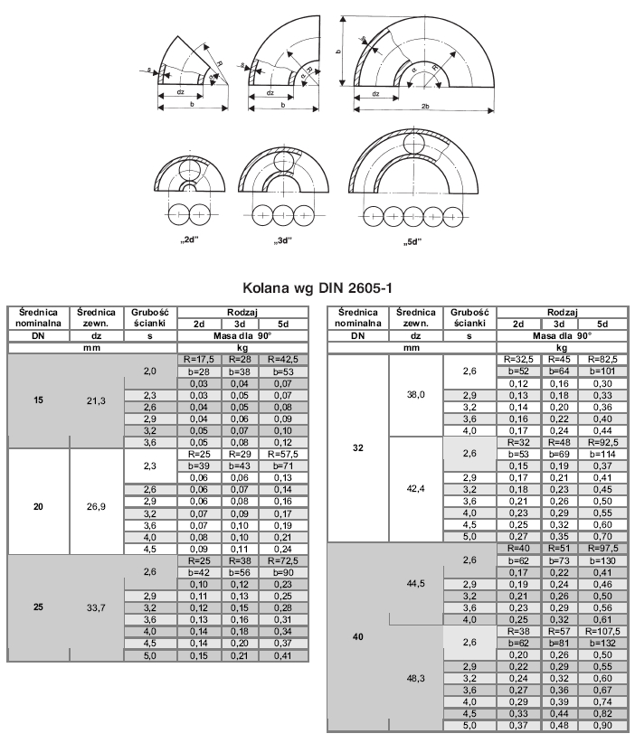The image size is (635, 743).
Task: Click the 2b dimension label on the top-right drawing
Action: coord(424,107)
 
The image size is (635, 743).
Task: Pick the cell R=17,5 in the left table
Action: coord(195,358)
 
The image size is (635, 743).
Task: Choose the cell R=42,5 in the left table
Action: coord(281,358)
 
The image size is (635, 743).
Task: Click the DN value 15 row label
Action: coord(39,400)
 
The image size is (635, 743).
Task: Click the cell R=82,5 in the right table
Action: coord(600,359)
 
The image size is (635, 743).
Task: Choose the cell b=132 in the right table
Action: coord(600,643)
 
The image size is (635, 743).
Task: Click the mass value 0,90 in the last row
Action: coord(600,725)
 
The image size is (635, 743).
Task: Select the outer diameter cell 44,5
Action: coord(416,584)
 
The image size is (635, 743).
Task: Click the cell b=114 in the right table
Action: coord(600,454)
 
